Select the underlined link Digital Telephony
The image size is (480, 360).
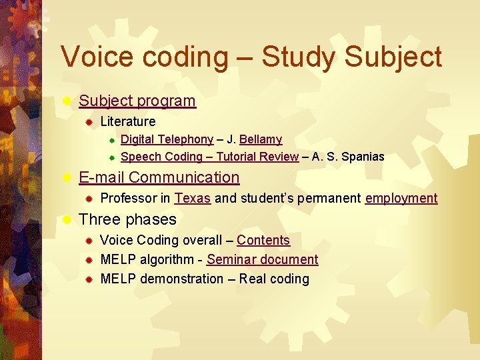coord(167,139)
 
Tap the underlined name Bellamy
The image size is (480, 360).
coord(260,139)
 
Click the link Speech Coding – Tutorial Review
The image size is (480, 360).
coord(209,157)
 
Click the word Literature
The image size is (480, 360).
coord(127,121)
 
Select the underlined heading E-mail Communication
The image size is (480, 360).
coord(159,177)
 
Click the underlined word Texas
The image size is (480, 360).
coord(193,198)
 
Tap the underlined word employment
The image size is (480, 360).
coord(401,198)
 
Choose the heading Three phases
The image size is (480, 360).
coord(127,219)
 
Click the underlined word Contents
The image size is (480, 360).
coord(263,240)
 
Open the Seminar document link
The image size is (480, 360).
coord(262,259)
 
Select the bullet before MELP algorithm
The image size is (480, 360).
coord(89,260)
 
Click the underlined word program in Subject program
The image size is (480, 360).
coord(166,101)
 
